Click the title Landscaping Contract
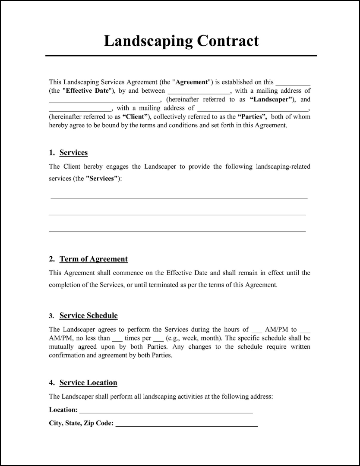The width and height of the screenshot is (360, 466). [181, 41]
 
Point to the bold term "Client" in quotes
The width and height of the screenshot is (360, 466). [136, 116]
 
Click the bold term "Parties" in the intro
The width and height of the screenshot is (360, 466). [253, 116]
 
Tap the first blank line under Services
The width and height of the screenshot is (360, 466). [179, 198]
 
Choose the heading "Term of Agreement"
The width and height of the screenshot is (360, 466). [93, 259]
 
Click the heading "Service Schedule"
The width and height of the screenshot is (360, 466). [88, 315]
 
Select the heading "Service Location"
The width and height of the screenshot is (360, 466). [88, 383]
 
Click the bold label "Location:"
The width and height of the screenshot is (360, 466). [63, 409]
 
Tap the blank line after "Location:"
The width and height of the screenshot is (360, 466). [166, 412]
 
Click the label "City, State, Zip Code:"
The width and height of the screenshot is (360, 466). [81, 423]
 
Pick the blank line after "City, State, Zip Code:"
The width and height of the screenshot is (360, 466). [186, 425]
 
